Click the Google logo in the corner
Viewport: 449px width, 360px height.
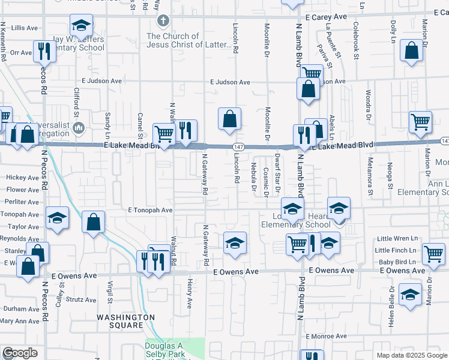[x=20, y=353]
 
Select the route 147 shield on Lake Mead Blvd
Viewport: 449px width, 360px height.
[x=239, y=147]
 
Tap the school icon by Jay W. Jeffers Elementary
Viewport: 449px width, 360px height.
[x=81, y=26]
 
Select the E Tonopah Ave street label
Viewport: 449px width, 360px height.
[x=150, y=211]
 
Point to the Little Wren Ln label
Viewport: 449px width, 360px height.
[x=396, y=238]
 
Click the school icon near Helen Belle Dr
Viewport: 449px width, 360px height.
[x=411, y=295]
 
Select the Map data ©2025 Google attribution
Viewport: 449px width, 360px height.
[x=412, y=355]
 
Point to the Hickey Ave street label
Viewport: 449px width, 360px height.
[x=22, y=178]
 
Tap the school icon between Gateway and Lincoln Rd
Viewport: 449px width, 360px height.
[x=235, y=244]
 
